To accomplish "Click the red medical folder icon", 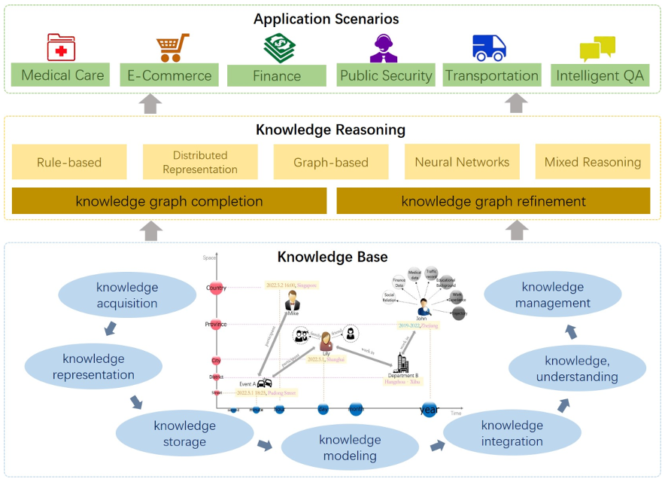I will pos(62,47).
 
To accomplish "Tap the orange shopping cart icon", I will pos(173,47).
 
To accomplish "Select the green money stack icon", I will pos(279,48).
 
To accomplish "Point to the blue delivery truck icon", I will pos(489,47).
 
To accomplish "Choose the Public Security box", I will pos(386,75).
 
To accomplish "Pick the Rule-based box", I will pos(69,162).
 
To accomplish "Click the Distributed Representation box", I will pos(200,162).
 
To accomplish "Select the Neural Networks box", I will pos(462,162).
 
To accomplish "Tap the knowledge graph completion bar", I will pos(169,201).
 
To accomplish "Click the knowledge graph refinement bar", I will pos(493,201).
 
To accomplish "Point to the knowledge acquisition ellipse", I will pos(127,295).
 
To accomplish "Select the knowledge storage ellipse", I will pos(184,434).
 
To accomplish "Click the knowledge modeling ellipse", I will pos(350,447).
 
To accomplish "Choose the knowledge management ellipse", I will pos(553,294).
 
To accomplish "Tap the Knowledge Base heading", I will pos(332,257).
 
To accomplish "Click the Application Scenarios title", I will pos(326,19).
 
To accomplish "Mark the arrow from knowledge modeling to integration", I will pos(437,446).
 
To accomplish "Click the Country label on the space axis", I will pos(216,288).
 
